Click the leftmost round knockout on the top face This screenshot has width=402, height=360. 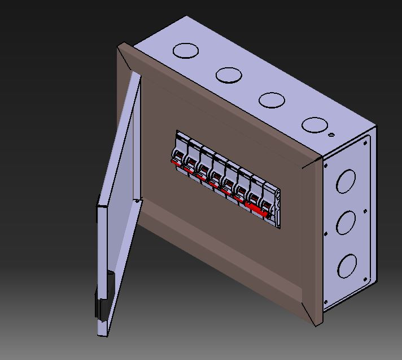186,51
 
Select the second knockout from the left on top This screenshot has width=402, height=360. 229,75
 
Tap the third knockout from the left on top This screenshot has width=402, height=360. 272,100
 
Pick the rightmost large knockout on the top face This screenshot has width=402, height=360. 314,125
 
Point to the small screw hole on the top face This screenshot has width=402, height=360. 331,135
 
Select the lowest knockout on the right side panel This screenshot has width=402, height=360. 347,266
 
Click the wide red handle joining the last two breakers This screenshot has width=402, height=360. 257,210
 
